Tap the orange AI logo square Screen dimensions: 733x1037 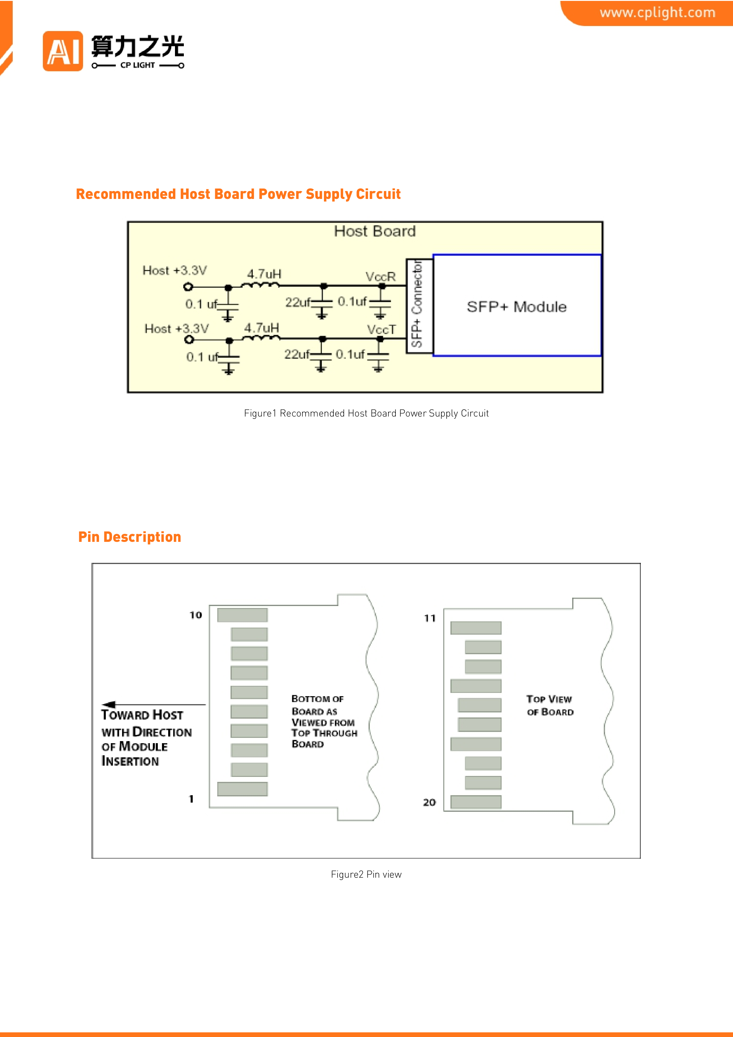(63, 51)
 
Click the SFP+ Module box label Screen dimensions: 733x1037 (517, 307)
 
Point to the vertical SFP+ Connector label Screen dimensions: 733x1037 (417, 304)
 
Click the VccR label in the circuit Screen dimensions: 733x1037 (380, 276)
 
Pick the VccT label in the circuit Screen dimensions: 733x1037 (381, 330)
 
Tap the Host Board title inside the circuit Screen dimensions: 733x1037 (375, 231)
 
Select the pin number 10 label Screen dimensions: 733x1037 (196, 615)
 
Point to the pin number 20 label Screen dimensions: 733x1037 (429, 802)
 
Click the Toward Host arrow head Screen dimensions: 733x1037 (108, 704)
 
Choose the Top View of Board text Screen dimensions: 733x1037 (550, 706)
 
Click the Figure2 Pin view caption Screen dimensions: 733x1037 (366, 874)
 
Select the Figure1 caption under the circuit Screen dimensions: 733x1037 (366, 413)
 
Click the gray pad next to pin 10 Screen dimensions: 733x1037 (243, 615)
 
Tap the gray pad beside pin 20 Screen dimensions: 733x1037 (476, 802)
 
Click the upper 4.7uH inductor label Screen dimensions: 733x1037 (264, 274)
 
